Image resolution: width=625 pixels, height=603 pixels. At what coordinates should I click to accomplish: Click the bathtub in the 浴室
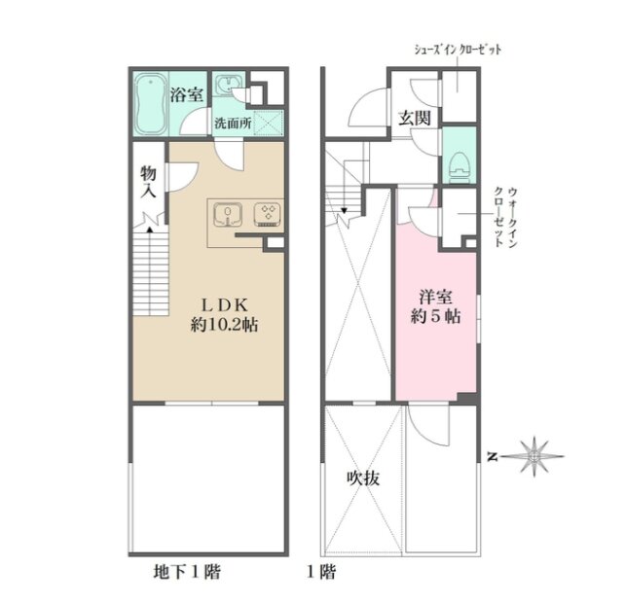pyautogui.click(x=151, y=104)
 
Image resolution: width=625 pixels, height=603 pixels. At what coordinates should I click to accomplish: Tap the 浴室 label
pyautogui.click(x=187, y=94)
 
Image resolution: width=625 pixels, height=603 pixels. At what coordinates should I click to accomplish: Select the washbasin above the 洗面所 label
pyautogui.click(x=228, y=85)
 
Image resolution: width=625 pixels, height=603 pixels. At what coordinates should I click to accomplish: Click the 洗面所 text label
pyautogui.click(x=234, y=124)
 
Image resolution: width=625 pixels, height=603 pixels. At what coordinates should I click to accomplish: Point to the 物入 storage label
pyautogui.click(x=148, y=183)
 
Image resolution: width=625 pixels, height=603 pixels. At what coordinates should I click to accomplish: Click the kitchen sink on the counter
pyautogui.click(x=228, y=215)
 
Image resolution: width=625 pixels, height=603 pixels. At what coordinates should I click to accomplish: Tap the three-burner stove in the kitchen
pyautogui.click(x=268, y=215)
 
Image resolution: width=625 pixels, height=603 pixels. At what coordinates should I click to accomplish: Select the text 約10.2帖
pyautogui.click(x=224, y=325)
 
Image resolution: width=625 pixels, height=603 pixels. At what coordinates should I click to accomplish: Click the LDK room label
pyautogui.click(x=225, y=306)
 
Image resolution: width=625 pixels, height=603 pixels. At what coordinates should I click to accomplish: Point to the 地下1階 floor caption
pyautogui.click(x=187, y=572)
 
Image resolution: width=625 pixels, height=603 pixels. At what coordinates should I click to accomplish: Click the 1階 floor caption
pyautogui.click(x=321, y=572)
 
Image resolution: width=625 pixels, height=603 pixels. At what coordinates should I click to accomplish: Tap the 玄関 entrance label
pyautogui.click(x=415, y=118)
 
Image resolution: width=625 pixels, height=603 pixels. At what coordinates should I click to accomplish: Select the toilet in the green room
pyautogui.click(x=460, y=166)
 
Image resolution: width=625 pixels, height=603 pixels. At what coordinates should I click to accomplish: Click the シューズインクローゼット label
pyautogui.click(x=458, y=50)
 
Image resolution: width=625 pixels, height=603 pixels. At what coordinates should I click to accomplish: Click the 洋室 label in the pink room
pyautogui.click(x=435, y=297)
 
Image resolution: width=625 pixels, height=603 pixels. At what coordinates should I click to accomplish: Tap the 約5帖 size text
pyautogui.click(x=435, y=317)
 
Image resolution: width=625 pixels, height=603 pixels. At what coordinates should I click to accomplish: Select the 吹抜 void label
pyautogui.click(x=363, y=479)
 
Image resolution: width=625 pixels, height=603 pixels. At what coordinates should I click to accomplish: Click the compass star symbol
pyautogui.click(x=534, y=457)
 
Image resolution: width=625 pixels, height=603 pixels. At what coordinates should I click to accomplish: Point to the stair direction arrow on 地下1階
pyautogui.click(x=150, y=229)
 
